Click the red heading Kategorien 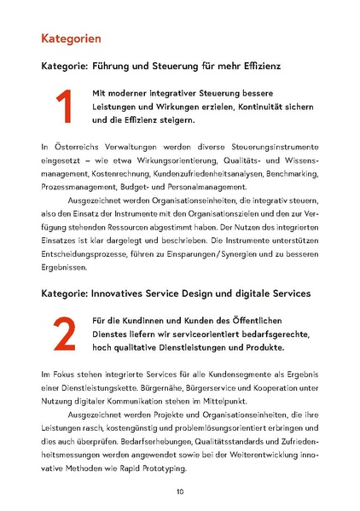pos(71,38)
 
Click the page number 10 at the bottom pos(180,491)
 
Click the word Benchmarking pos(293,173)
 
